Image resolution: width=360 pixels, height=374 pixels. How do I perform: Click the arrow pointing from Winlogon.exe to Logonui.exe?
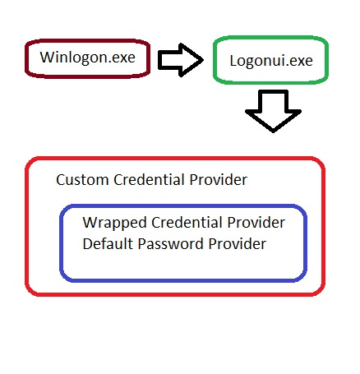tap(180, 59)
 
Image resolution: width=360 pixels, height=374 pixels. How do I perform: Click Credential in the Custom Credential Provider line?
tap(144, 179)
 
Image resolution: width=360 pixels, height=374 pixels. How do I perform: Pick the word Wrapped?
tap(110, 224)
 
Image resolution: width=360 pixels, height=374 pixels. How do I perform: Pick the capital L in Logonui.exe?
tap(234, 61)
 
